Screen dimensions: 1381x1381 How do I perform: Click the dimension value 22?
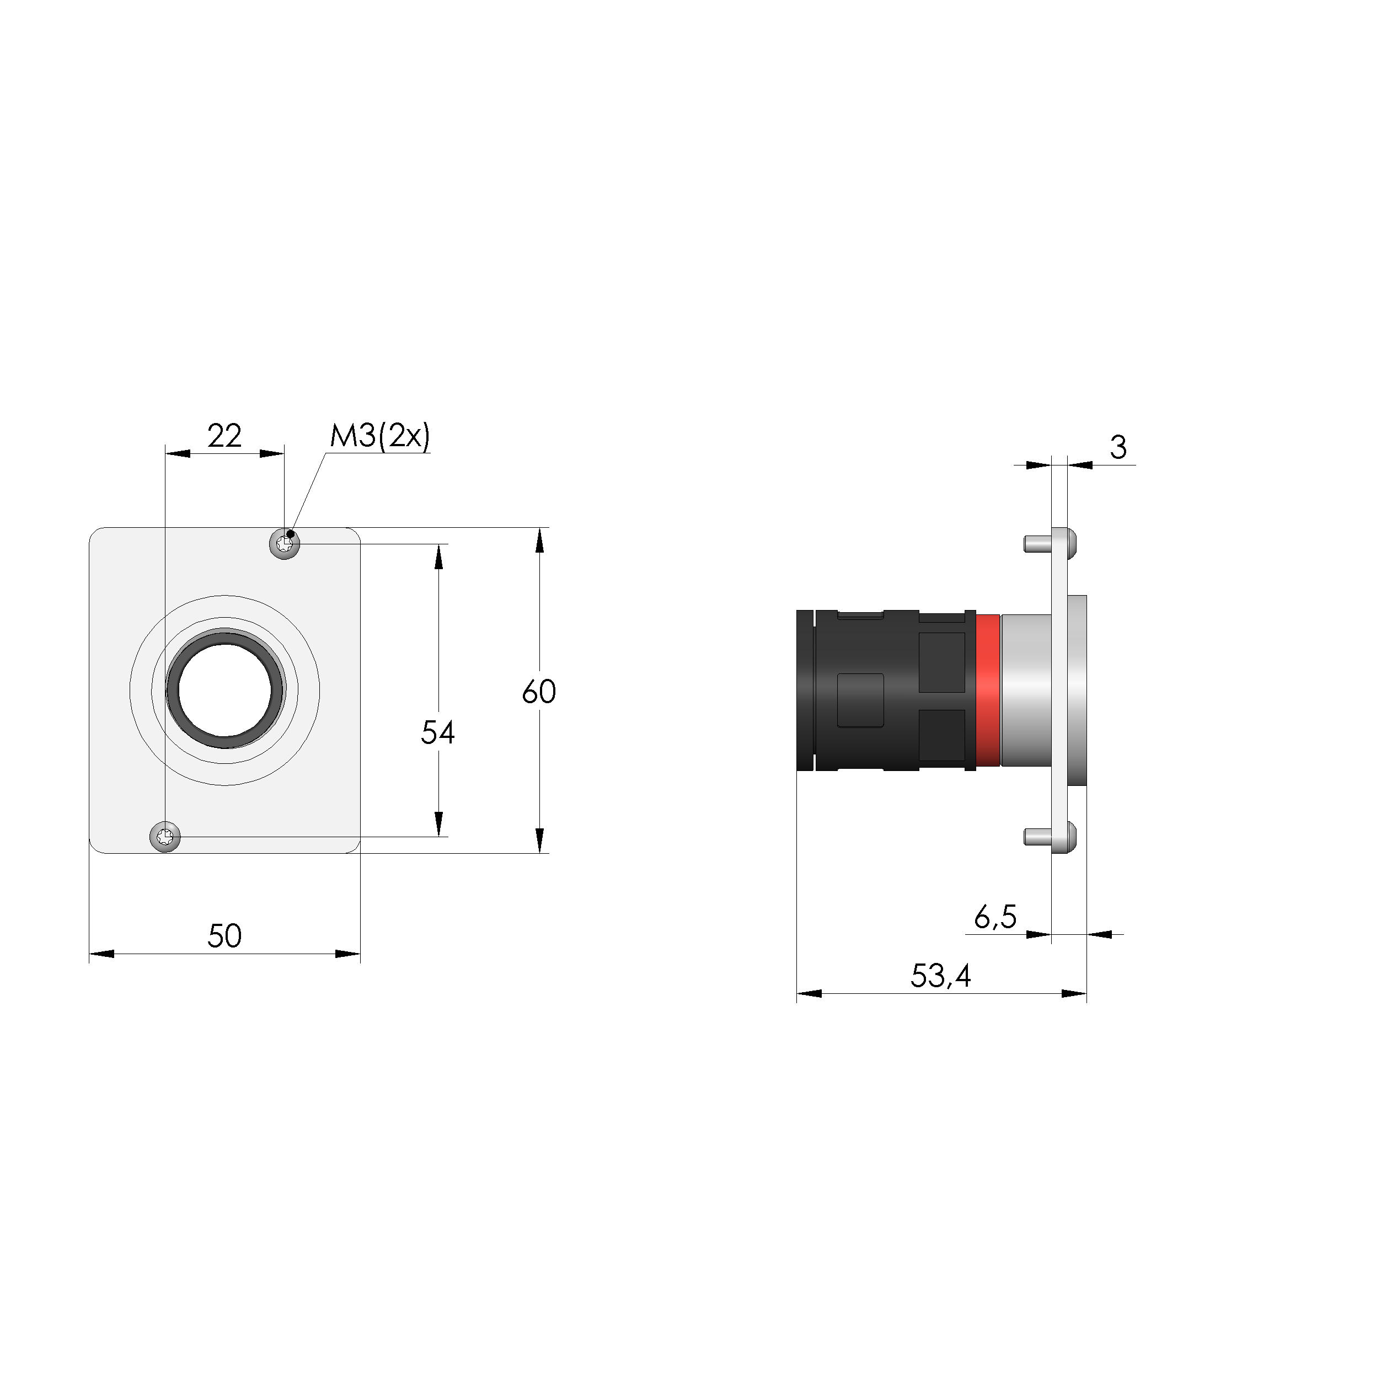(224, 435)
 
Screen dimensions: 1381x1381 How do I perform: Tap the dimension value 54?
(437, 732)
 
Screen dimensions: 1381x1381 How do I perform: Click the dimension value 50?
(224, 936)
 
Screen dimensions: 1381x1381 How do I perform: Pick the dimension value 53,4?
(941, 976)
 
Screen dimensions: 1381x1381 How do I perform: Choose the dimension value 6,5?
(995, 917)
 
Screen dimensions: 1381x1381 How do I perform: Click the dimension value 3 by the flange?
(1118, 447)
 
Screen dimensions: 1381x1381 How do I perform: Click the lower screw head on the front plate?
(165, 836)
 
